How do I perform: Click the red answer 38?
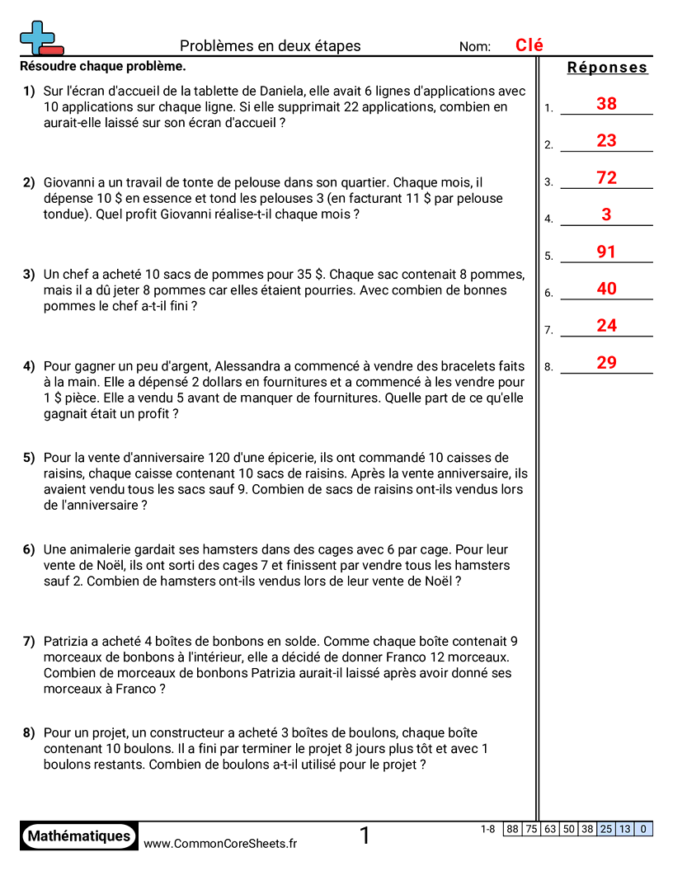click(x=606, y=104)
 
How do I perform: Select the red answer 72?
click(x=606, y=178)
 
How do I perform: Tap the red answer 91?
click(x=606, y=252)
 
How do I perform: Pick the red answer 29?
click(x=606, y=363)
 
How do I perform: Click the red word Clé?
click(x=529, y=45)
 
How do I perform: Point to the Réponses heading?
click(x=608, y=68)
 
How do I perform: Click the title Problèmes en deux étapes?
click(x=271, y=46)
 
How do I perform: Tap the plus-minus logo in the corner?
click(x=40, y=38)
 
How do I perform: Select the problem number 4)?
click(x=29, y=366)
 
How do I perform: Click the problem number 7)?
click(x=29, y=641)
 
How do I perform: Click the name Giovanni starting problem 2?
click(x=73, y=182)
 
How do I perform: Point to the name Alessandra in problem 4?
click(x=249, y=366)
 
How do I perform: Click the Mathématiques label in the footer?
click(x=79, y=836)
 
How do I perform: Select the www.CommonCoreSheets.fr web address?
click(x=220, y=843)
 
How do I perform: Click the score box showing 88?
click(x=512, y=829)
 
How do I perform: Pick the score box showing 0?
click(x=643, y=829)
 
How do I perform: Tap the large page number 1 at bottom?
click(x=365, y=836)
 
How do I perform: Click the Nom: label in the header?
click(x=475, y=47)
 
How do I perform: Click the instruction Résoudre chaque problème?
click(x=102, y=66)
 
